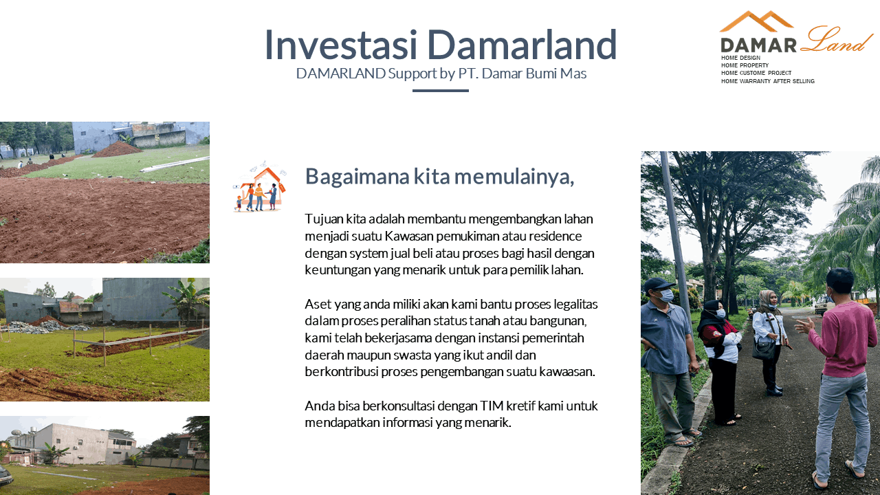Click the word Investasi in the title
(340, 45)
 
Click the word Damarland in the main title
(522, 45)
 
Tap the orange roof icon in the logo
(756, 21)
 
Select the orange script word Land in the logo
(837, 39)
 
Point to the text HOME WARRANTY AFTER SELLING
(768, 81)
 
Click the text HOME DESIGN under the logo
(740, 58)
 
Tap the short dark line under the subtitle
(441, 91)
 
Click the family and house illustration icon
(259, 186)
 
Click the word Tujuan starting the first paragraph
(324, 219)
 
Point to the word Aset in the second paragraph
(317, 305)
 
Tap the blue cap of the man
(659, 284)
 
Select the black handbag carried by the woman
(763, 348)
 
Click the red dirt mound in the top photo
(117, 149)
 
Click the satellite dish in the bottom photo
(16, 433)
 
